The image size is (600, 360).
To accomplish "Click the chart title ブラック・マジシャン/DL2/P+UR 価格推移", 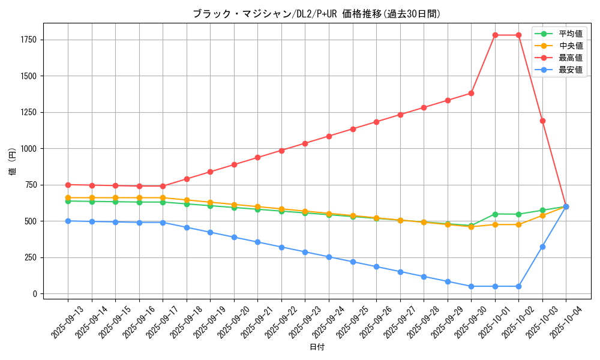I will click(x=316, y=14).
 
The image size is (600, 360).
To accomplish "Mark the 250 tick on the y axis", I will click(x=30, y=257).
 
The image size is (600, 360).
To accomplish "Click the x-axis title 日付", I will click(x=317, y=347).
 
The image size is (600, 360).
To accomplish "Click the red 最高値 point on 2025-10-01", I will click(x=495, y=35).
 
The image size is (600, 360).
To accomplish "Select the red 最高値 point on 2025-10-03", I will click(x=542, y=121).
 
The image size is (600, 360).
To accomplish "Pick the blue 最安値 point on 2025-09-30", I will click(x=471, y=286).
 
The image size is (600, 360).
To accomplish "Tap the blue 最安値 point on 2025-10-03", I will click(x=542, y=247).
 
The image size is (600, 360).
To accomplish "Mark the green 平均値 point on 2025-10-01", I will click(x=495, y=214).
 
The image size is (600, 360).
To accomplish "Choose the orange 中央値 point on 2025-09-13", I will click(x=68, y=197).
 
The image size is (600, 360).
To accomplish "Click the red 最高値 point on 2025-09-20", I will click(x=234, y=164).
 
